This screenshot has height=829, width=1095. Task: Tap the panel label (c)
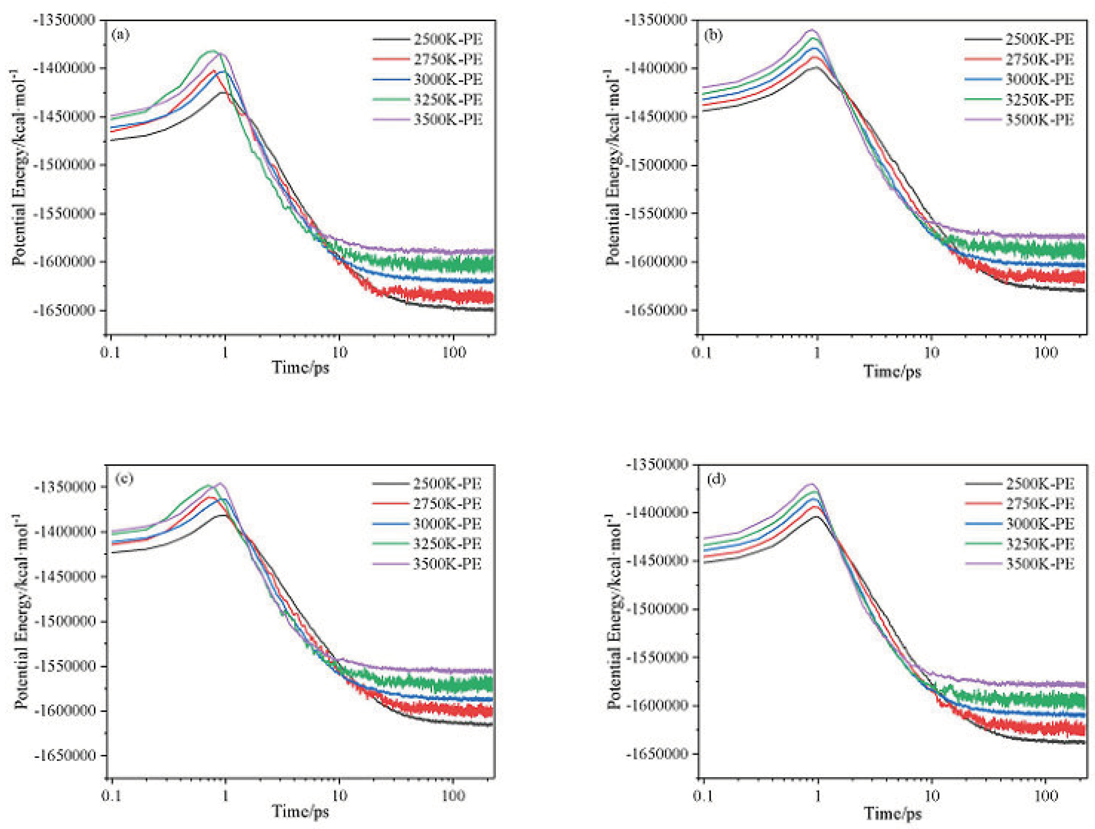(123, 479)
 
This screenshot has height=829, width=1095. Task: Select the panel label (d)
(716, 479)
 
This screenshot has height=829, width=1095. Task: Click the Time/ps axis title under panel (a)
(300, 368)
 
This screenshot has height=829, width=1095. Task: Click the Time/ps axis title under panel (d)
(893, 813)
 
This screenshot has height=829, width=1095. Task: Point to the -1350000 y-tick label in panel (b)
(657, 20)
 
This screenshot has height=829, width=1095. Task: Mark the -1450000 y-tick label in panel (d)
(657, 560)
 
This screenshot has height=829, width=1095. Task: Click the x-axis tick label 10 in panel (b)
(931, 352)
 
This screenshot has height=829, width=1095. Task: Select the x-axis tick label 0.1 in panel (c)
(111, 795)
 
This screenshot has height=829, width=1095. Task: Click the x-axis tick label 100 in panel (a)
(453, 352)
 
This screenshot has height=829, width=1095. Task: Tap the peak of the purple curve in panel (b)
(811, 30)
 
